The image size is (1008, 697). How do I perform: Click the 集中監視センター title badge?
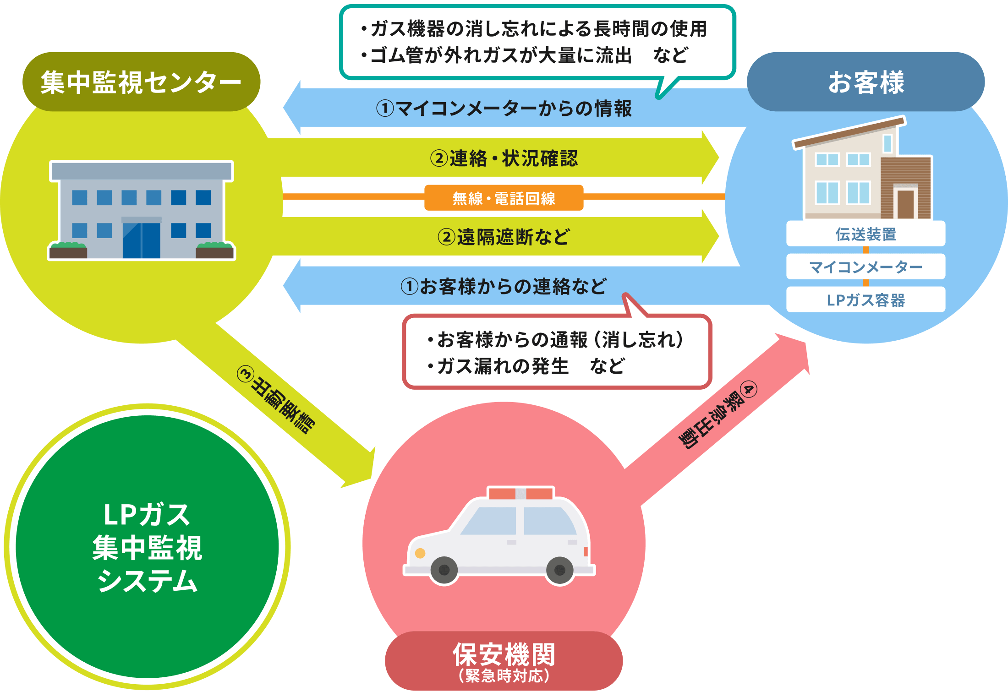coord(141,82)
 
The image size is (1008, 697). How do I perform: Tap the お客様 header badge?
coord(866,82)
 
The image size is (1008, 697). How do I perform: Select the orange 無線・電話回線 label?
coord(504,198)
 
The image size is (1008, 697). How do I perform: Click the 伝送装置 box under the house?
coord(866,234)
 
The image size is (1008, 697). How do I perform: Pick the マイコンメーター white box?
coord(866,267)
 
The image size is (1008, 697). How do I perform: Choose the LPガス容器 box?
coord(866,300)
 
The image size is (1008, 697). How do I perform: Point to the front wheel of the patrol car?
coord(444,570)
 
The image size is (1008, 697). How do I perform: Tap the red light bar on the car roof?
coord(520,494)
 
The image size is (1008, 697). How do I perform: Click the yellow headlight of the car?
coord(420,553)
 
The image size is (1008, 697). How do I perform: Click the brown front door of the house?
coord(905,204)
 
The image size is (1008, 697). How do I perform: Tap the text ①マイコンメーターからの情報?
coord(504,109)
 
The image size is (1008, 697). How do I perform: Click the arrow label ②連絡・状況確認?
coord(504,158)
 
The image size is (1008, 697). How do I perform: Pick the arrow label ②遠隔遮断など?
coord(504,237)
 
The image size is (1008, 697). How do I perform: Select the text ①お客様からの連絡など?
coord(504,287)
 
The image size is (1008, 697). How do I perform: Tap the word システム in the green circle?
coord(147,582)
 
